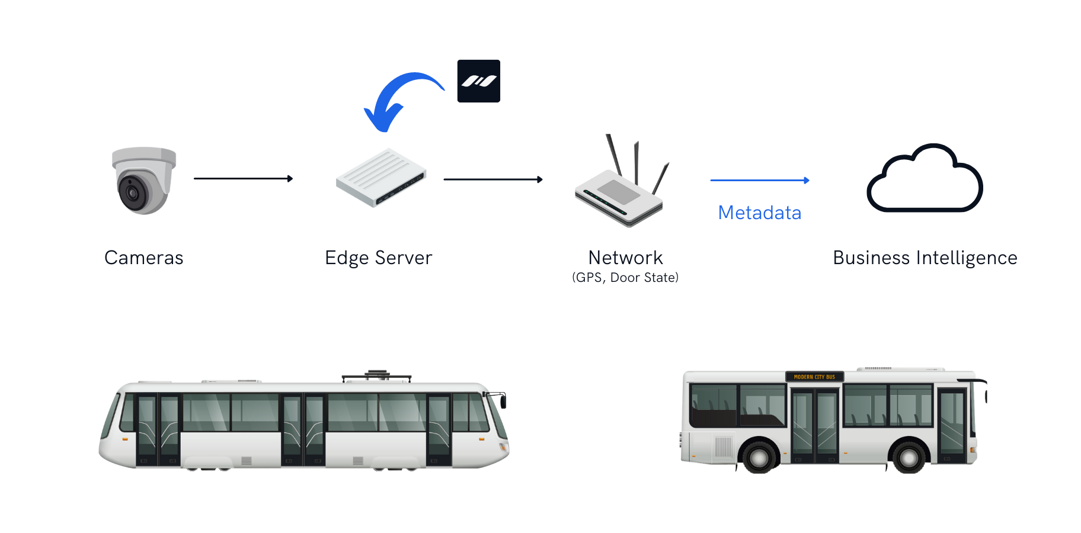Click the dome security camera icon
point(144,181)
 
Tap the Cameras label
point(144,258)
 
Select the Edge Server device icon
point(381,178)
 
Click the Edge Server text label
point(379,258)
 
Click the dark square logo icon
point(479,81)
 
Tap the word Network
point(625,258)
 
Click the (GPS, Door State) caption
point(625,277)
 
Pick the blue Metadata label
point(759,213)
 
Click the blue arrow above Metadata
point(759,180)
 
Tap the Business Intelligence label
point(925,258)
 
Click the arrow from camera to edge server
point(243,178)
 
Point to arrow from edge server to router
point(492,179)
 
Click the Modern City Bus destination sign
point(814,377)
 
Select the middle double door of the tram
point(302,429)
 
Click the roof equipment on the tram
point(376,375)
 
